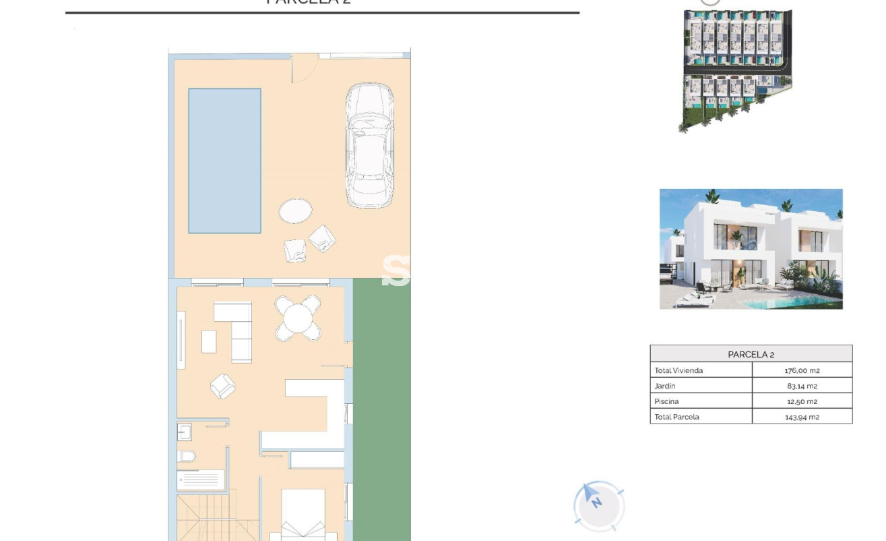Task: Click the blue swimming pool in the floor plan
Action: [224, 161]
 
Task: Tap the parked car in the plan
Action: [369, 145]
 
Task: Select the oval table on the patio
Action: [295, 211]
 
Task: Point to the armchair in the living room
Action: [223, 387]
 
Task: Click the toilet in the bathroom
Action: [187, 457]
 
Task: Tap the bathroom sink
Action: [185, 432]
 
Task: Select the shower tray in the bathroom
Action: [201, 480]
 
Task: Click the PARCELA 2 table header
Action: [751, 354]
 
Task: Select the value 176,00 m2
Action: [802, 370]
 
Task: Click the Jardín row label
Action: [665, 386]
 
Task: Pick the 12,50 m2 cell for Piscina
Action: [802, 401]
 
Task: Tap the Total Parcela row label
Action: [676, 417]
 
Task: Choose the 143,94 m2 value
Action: [802, 417]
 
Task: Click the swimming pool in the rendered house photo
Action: [809, 303]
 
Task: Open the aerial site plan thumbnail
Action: [737, 67]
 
